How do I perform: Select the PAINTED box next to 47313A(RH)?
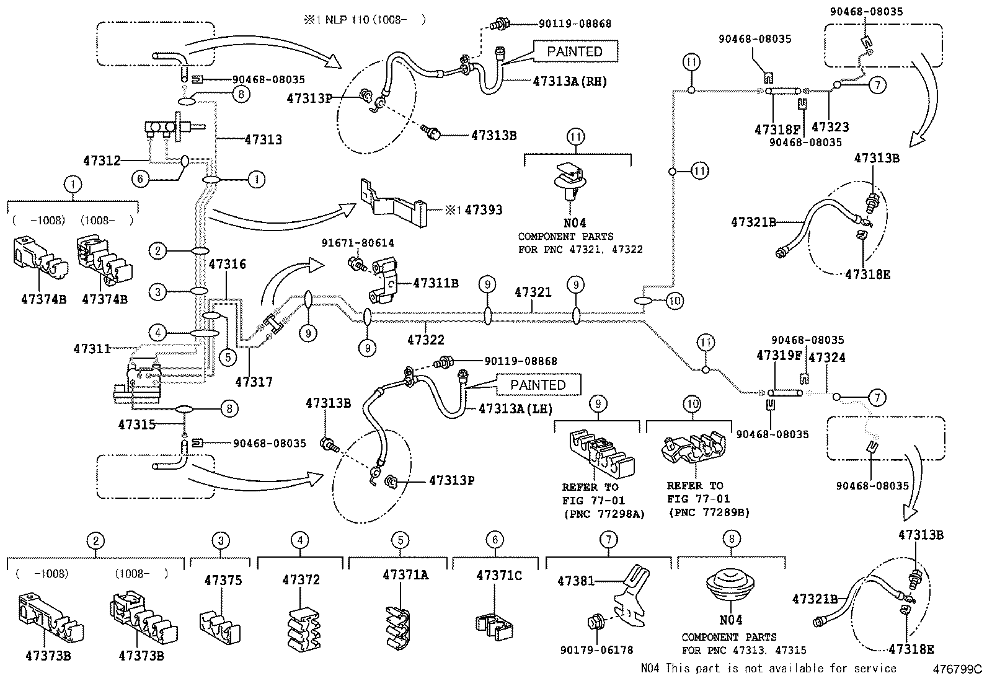point(574,51)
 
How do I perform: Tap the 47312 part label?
point(101,160)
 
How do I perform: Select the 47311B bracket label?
point(435,283)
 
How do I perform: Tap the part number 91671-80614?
point(357,244)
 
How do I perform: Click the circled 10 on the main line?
point(675,301)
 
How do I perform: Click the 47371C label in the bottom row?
point(498,576)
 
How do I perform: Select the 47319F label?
point(779,356)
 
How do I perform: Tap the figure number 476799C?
point(959,669)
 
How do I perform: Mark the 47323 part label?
point(830,127)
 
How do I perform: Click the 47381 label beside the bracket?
point(575,581)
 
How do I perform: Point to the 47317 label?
point(254,382)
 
